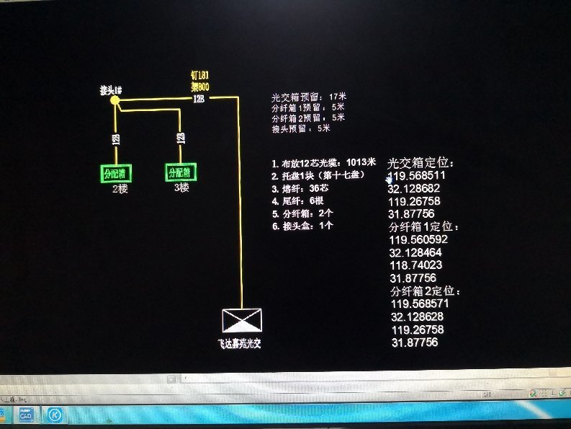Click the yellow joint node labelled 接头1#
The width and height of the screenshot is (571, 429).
(114, 101)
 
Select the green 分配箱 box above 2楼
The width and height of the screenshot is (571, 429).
(115, 173)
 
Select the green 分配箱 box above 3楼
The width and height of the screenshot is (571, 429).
(181, 172)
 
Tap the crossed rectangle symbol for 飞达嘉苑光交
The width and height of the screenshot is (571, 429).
(242, 320)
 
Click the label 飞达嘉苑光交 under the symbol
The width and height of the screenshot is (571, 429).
(239, 344)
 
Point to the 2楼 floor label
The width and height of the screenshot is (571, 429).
(119, 189)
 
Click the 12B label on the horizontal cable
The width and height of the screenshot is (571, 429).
(198, 99)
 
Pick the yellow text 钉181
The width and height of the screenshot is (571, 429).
(199, 75)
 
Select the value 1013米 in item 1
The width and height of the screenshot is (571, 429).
(361, 162)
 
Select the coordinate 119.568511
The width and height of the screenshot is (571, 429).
(417, 175)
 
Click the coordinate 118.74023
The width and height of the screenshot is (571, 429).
(415, 265)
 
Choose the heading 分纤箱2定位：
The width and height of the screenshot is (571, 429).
(426, 291)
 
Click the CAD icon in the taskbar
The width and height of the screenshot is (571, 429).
(27, 415)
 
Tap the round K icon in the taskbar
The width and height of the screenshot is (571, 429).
(54, 415)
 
